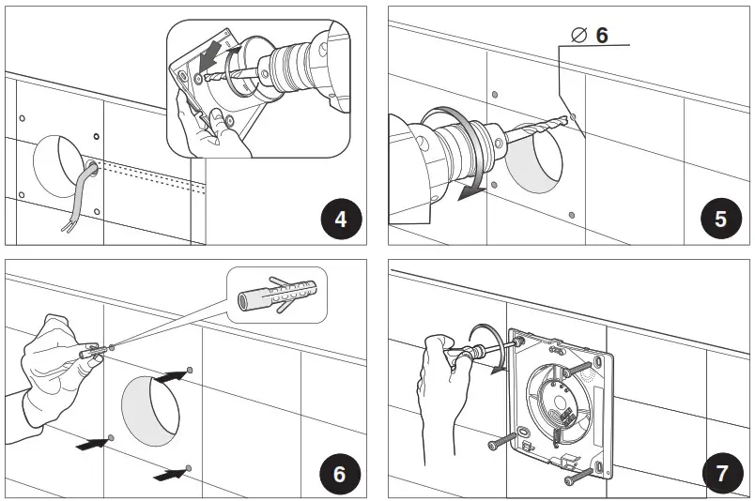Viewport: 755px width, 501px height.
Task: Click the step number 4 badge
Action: (x=340, y=220)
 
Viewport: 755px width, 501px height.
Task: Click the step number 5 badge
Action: (x=720, y=220)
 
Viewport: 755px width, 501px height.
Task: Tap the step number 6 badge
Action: (x=340, y=473)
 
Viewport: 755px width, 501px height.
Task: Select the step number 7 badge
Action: (x=720, y=473)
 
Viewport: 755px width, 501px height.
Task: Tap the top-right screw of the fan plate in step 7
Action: (x=580, y=366)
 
